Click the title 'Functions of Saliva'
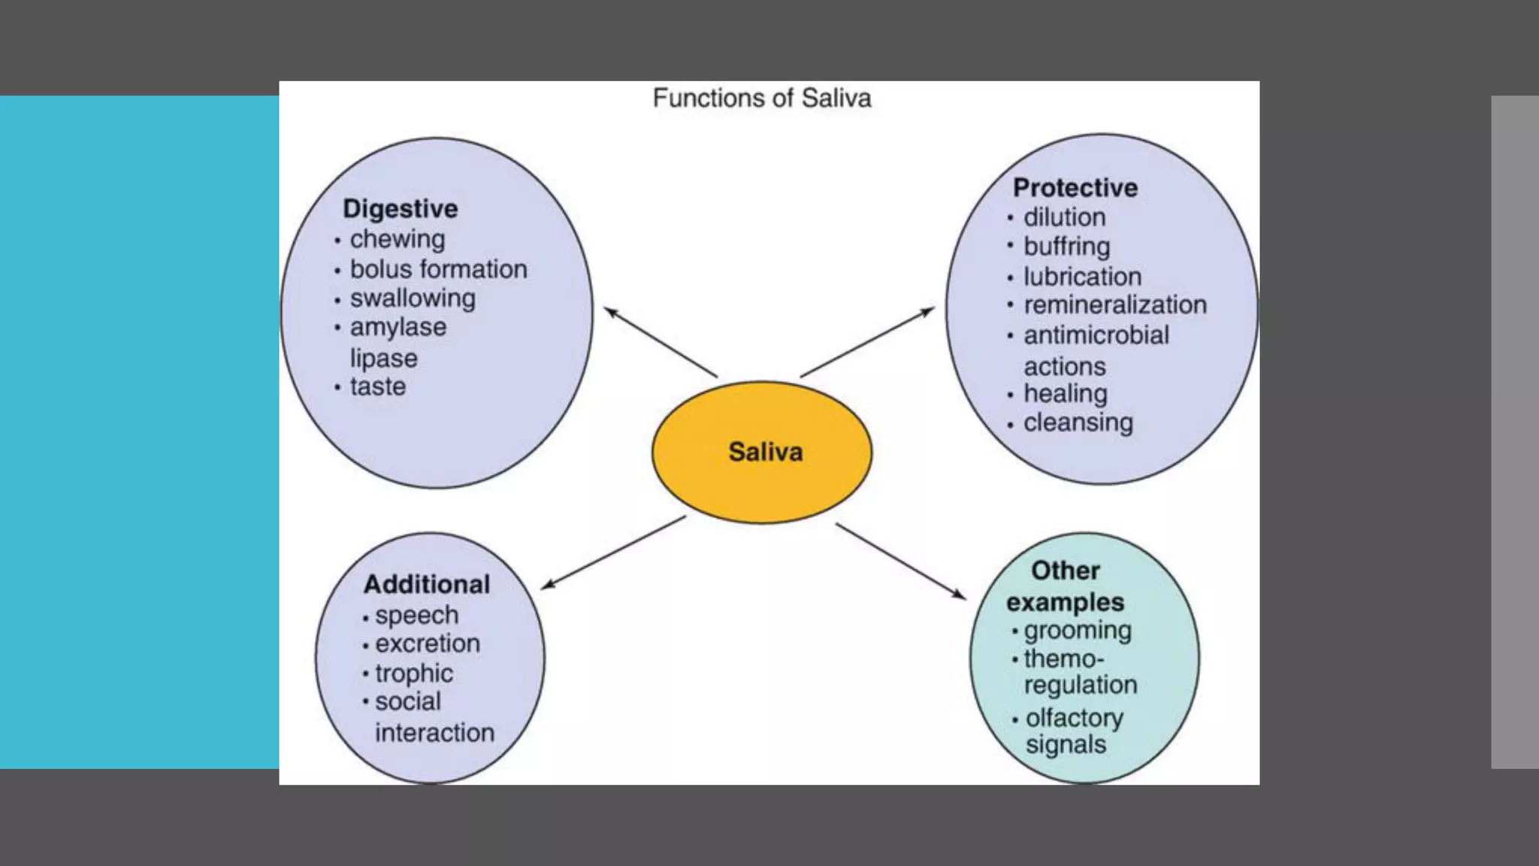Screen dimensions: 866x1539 tap(761, 98)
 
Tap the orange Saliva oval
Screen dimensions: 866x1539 tap(763, 452)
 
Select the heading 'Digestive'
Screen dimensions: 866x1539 tap(400, 208)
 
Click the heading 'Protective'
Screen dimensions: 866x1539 tap(1075, 187)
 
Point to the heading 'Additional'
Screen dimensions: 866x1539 tap(426, 584)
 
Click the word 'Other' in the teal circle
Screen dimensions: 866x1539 tap(1065, 571)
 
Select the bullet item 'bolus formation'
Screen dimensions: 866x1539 tap(438, 269)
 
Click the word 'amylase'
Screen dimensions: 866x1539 tap(398, 328)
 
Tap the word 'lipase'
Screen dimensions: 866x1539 tap(383, 358)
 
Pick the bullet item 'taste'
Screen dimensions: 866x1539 tap(377, 386)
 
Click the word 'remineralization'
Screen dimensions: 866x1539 tap(1114, 305)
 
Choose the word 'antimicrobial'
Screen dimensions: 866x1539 tap(1096, 335)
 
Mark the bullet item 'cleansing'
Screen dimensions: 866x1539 tap(1078, 422)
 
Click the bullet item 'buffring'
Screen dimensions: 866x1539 tap(1066, 247)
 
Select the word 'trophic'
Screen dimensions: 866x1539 tap(413, 673)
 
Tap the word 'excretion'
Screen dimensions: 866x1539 tap(427, 643)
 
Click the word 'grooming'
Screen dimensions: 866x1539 tap(1077, 630)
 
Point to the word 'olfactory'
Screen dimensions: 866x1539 tap(1074, 718)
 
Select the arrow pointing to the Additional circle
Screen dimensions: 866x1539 tap(613, 552)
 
